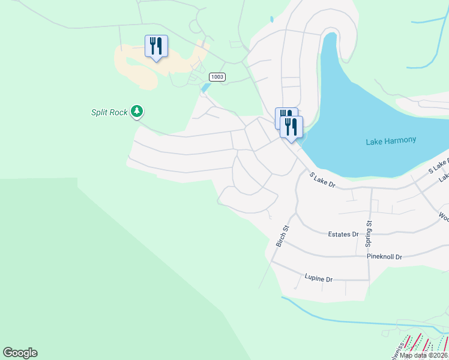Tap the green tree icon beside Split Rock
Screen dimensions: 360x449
point(137,111)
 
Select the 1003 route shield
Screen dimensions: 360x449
point(217,77)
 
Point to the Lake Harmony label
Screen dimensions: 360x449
point(391,140)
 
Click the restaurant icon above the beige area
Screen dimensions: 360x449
point(156,46)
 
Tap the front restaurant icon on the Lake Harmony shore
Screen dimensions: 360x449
point(292,127)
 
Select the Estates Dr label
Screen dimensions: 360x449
point(343,235)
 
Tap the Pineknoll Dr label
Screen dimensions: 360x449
point(384,257)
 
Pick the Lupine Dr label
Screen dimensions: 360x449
point(319,279)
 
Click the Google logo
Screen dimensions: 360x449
point(20,353)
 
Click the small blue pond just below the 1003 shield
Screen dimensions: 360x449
point(206,88)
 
